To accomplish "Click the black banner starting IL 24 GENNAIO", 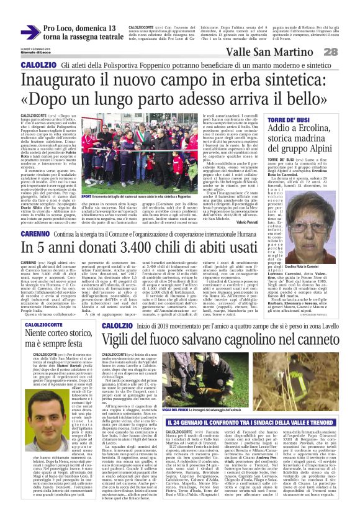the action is pyautogui.click(x=254, y=406).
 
